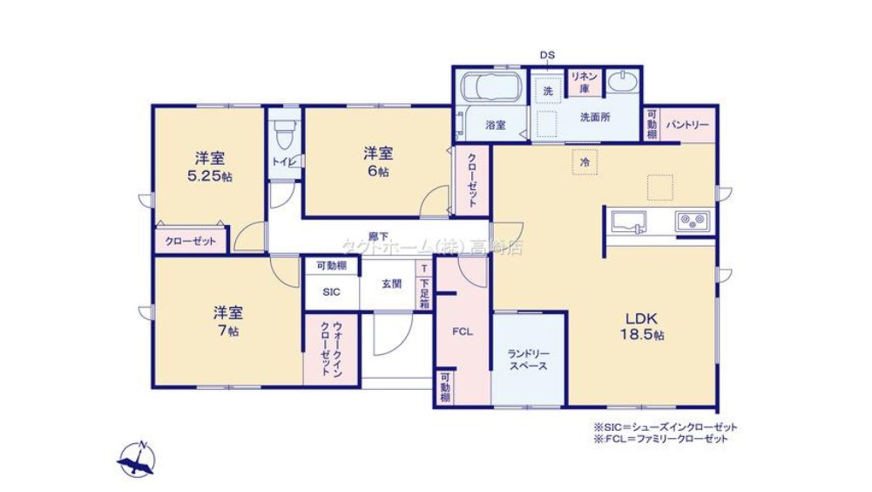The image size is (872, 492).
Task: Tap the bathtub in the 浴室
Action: [491, 88]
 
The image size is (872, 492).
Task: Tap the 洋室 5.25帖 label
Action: [210, 167]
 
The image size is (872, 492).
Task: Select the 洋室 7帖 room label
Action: [228, 319]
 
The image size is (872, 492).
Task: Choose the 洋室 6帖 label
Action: [378, 161]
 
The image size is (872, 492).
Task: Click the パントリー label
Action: [688, 125]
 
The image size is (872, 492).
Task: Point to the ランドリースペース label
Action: [530, 359]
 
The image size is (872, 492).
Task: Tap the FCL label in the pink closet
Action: [462, 331]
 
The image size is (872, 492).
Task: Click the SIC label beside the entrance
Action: [331, 293]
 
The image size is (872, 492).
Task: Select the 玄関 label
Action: [391, 284]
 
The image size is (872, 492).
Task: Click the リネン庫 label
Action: [581, 82]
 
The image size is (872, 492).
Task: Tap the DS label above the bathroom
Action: [546, 55]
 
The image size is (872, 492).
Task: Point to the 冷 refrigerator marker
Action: [585, 162]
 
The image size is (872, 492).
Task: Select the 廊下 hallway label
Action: [378, 236]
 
